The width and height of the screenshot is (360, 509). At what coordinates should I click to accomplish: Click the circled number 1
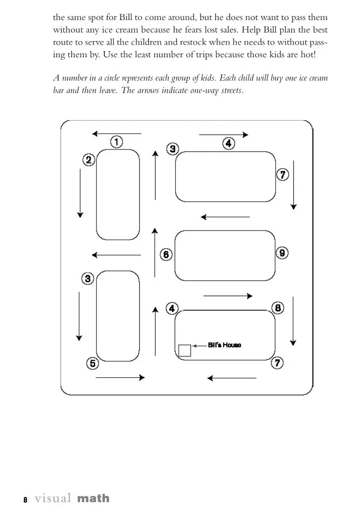click(x=116, y=141)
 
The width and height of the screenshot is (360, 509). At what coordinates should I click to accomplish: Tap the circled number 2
click(x=88, y=160)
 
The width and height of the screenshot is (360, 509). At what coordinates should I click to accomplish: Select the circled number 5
click(x=92, y=364)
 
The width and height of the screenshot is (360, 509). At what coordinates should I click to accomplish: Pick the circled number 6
click(x=166, y=254)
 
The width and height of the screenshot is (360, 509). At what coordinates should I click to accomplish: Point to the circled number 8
click(x=278, y=307)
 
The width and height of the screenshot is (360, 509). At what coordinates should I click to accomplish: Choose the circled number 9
click(x=282, y=253)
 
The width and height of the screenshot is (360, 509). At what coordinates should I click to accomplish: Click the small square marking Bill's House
click(x=184, y=350)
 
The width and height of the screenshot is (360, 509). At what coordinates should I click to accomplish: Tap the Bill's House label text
click(x=224, y=345)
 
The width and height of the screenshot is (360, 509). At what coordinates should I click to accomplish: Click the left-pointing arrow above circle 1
click(x=116, y=134)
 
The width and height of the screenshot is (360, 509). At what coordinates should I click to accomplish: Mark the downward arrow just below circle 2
click(x=80, y=193)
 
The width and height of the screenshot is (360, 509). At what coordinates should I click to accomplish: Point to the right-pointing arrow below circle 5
click(x=120, y=377)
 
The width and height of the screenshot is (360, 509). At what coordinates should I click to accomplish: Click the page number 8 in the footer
click(x=25, y=500)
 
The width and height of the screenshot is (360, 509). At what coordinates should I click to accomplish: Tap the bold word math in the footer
click(x=93, y=499)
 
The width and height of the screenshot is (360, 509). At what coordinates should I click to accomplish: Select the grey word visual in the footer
click(x=53, y=499)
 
